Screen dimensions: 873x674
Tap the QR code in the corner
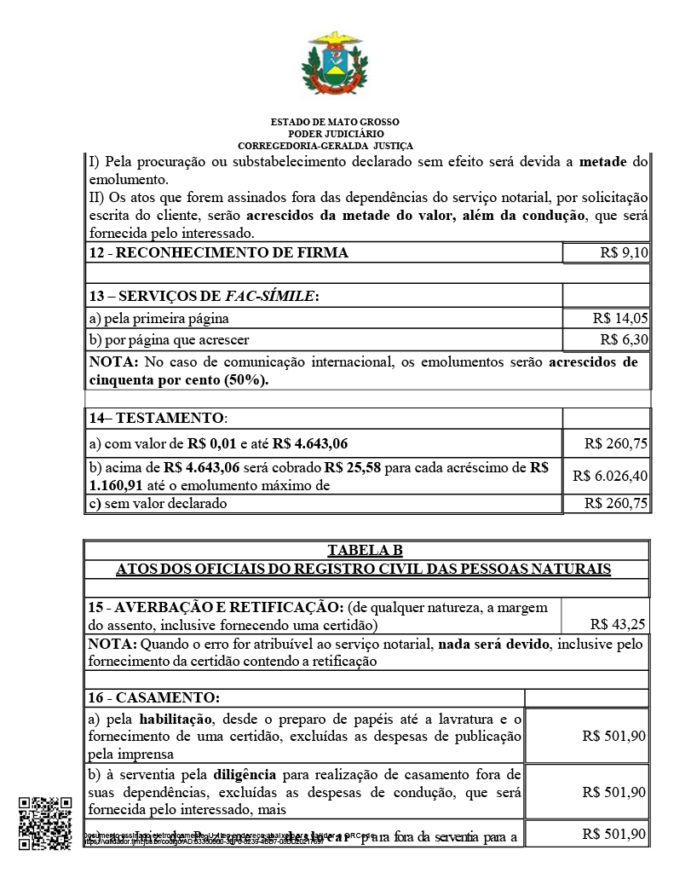(44, 823)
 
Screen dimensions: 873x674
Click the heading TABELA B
(365, 550)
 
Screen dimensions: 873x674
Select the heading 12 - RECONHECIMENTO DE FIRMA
(219, 253)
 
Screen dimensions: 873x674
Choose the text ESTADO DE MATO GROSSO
(335, 123)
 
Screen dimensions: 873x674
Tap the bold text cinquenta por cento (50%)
(178, 379)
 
